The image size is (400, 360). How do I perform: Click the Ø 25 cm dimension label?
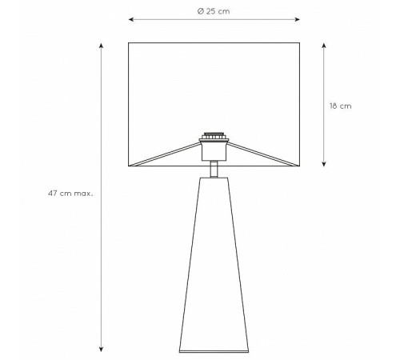pyautogui.click(x=214, y=11)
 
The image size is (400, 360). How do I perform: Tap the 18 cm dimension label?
pyautogui.click(x=341, y=106)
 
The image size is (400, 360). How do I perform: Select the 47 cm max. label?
pyautogui.click(x=70, y=194)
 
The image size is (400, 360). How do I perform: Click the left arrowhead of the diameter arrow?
pyautogui.click(x=131, y=19)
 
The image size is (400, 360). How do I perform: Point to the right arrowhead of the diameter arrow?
pyautogui.click(x=297, y=19)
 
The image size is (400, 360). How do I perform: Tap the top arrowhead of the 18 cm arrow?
pyautogui.click(x=324, y=46)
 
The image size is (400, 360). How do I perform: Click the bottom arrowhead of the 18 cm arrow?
pyautogui.click(x=324, y=164)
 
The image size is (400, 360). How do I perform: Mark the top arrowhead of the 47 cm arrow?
pyautogui.click(x=101, y=46)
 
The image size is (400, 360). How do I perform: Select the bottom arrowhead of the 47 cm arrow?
pyautogui.click(x=101, y=349)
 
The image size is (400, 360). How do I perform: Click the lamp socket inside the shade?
pyautogui.click(x=214, y=151)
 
